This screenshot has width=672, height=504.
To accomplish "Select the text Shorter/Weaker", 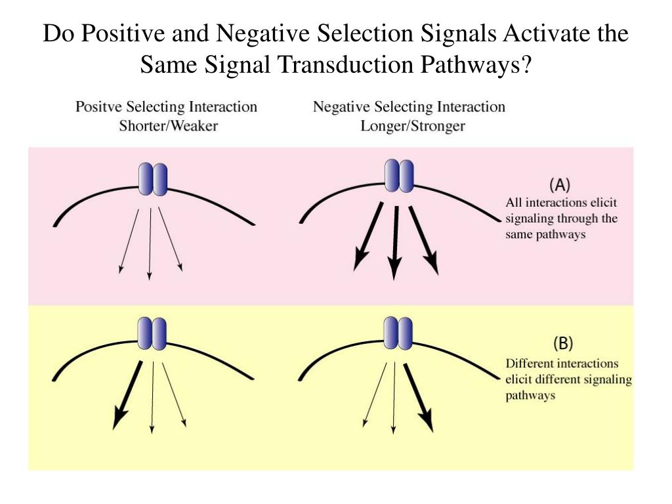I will pos(168,125).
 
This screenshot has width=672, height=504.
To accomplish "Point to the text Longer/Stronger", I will pos(412,125).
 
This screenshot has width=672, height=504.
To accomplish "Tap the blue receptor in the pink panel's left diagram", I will pos(152,179).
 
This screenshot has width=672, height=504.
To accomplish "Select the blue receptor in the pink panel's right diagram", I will pos(399,175).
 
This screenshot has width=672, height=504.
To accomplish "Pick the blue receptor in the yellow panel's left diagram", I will pos(152,334).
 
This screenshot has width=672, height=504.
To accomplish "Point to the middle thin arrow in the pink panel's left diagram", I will pos(150,243).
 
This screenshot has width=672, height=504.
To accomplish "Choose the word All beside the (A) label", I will pos(514,203).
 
